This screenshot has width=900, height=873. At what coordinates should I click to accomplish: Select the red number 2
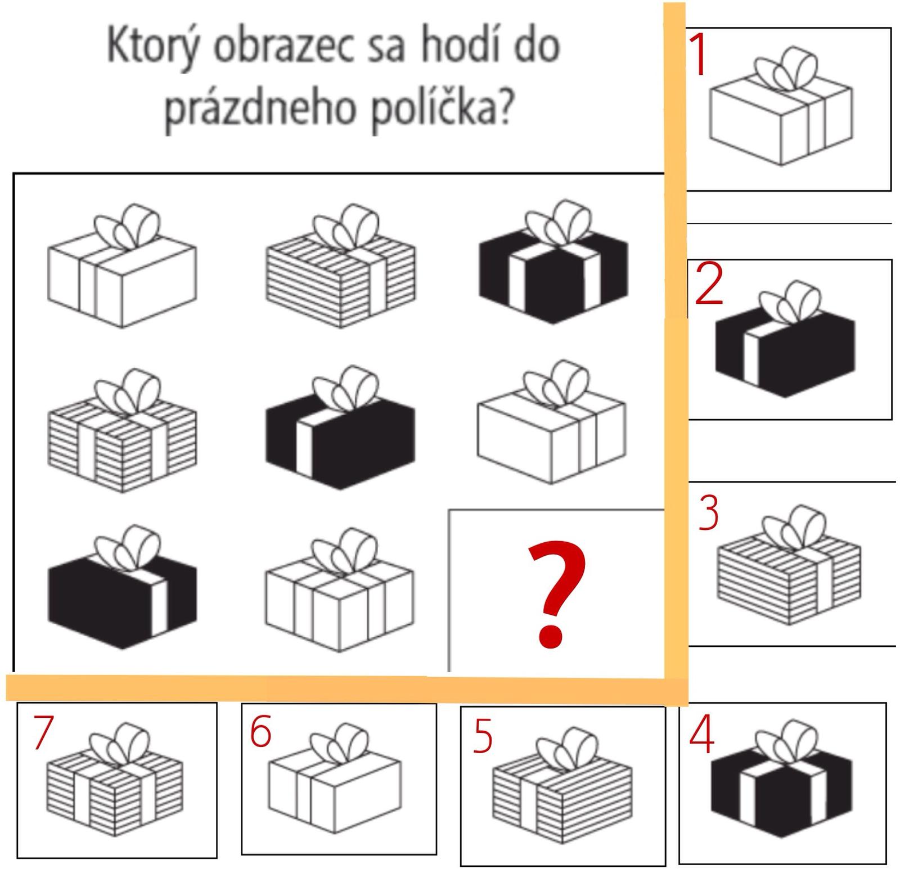pyautogui.click(x=709, y=284)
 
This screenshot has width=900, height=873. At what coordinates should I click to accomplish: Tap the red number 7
pyautogui.click(x=43, y=732)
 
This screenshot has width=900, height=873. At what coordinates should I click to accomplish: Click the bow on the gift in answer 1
pyautogui.click(x=786, y=69)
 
